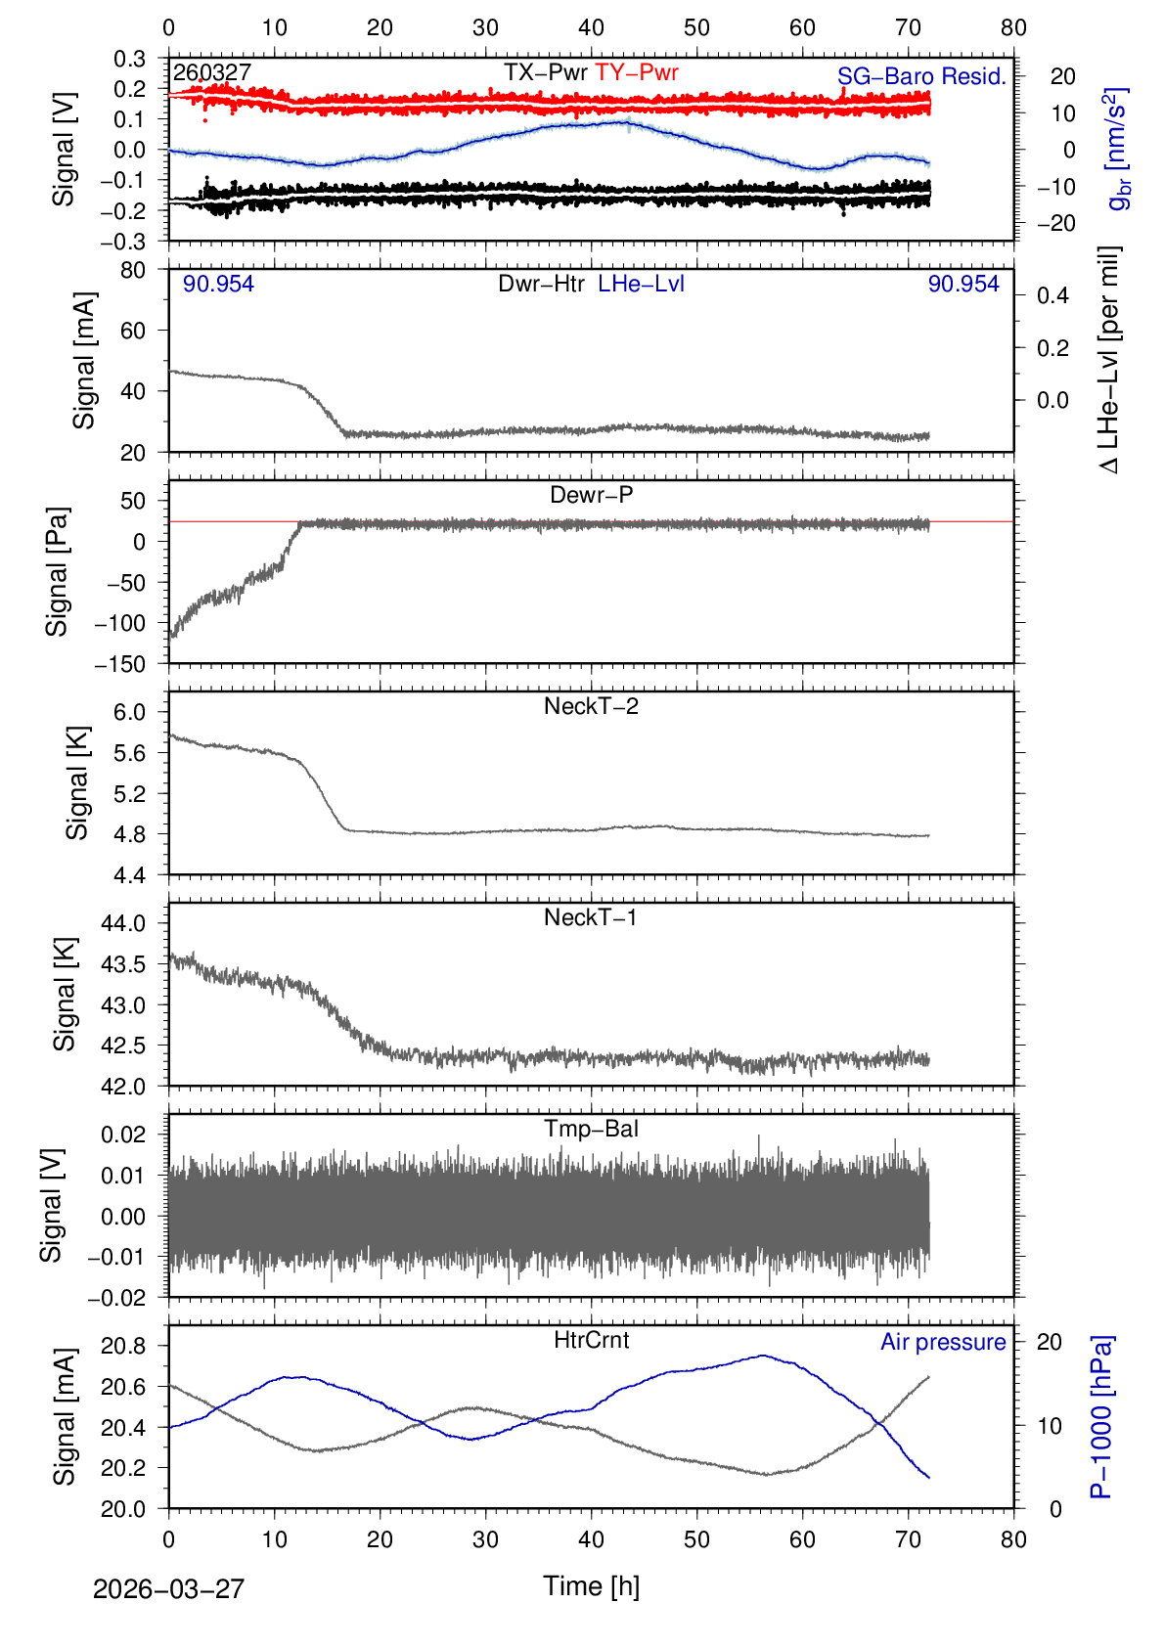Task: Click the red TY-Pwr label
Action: coord(637,72)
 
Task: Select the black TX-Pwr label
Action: coord(546,72)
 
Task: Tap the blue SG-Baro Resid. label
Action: coord(921,76)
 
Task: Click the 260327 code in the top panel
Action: coord(212,72)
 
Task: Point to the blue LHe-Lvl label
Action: coord(641,284)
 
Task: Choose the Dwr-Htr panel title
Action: coord(541,284)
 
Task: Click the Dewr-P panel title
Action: coord(591,495)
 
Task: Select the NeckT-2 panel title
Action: coord(591,706)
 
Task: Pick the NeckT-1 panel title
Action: coord(591,917)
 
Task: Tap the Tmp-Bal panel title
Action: coord(591,1129)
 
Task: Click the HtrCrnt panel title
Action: coord(591,1340)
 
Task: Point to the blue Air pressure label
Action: coord(943,1342)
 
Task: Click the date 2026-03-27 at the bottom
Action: coord(168,1589)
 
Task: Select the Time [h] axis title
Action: coord(591,1585)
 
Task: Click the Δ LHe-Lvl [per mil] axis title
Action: coord(1109,360)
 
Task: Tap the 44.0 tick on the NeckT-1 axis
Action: coord(123,923)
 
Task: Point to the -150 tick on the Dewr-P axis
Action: coord(120,664)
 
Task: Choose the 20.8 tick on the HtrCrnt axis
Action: coord(123,1347)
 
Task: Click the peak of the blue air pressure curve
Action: coord(763,1356)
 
